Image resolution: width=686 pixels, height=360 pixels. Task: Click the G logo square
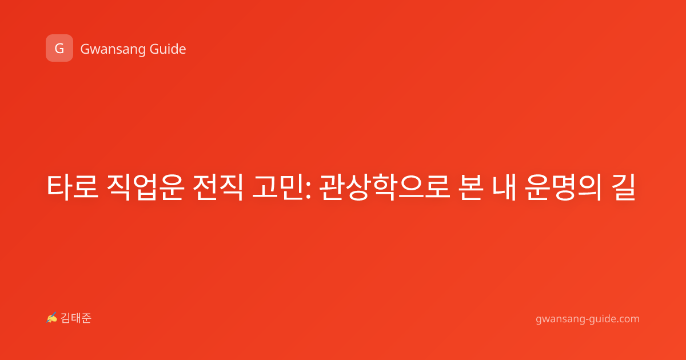point(59,48)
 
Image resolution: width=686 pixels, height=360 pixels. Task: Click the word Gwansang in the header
point(113,49)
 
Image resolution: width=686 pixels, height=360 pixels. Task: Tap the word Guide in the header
point(168,49)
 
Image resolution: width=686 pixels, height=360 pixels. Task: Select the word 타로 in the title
point(73,187)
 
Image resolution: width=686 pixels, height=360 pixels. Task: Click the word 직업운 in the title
point(145,187)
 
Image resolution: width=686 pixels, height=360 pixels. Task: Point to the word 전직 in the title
point(218,187)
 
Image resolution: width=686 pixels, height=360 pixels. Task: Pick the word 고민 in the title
point(278,187)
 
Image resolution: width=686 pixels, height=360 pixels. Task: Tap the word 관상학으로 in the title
point(385,187)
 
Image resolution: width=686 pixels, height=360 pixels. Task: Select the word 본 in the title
point(471,187)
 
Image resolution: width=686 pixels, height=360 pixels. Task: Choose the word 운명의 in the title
point(563,187)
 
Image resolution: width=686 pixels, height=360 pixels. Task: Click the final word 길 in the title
point(623,187)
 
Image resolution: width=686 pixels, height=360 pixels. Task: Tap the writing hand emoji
point(52,318)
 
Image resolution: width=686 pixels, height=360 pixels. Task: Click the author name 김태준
point(76,318)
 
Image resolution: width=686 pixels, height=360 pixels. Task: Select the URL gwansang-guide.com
point(588,319)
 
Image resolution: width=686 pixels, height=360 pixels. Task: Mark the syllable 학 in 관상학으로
point(385,187)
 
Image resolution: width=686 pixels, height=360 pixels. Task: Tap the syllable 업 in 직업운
point(145,187)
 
